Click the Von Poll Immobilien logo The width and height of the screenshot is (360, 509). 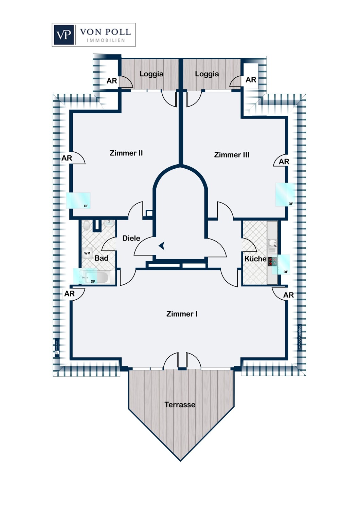[93, 35]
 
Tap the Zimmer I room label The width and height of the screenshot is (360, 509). [182, 314]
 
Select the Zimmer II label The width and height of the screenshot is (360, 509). [126, 153]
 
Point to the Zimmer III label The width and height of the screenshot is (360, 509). [232, 155]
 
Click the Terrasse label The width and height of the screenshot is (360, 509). [180, 404]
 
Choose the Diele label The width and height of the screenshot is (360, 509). [131, 238]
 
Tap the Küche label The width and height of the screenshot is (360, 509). [255, 259]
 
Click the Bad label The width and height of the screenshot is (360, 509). [101, 258]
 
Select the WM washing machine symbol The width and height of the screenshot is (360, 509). [87, 253]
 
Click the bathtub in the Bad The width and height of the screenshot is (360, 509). [96, 277]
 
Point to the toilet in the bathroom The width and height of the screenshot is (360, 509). [87, 225]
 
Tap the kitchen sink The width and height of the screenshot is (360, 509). [272, 243]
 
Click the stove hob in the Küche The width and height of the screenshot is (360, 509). [272, 261]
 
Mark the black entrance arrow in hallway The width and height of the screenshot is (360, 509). [162, 246]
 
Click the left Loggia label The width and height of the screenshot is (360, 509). [151, 74]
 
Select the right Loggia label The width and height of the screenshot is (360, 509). [207, 74]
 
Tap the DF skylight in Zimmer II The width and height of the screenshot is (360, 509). [78, 201]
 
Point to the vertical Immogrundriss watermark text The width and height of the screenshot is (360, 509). [300, 337]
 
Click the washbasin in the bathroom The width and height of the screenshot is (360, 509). [109, 224]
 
